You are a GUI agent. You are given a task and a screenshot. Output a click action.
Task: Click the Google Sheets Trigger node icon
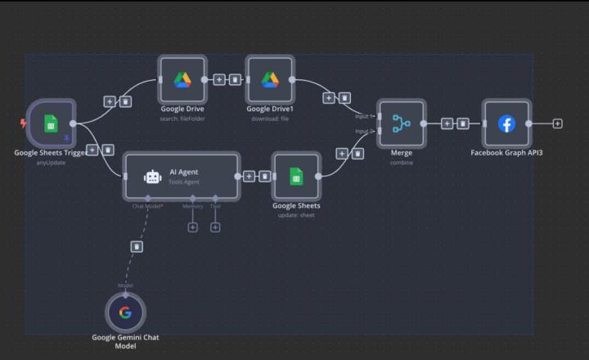click(x=51, y=124)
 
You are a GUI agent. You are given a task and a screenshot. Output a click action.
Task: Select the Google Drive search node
click(x=182, y=79)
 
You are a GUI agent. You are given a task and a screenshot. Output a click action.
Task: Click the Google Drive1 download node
click(x=270, y=79)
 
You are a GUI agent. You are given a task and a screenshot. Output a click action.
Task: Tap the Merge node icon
click(x=401, y=124)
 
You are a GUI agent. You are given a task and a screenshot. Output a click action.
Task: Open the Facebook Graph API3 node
click(x=506, y=124)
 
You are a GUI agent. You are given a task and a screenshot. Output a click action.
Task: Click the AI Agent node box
click(x=182, y=175)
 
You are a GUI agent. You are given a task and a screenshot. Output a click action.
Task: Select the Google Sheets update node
click(x=296, y=175)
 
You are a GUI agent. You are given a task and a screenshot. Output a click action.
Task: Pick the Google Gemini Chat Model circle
click(x=125, y=312)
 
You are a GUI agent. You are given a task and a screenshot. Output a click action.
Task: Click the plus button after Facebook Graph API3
click(x=557, y=124)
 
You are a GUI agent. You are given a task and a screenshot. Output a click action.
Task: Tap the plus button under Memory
click(x=193, y=227)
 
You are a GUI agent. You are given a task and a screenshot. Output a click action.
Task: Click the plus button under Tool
click(x=215, y=227)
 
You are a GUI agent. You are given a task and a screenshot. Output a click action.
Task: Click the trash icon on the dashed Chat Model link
click(x=137, y=245)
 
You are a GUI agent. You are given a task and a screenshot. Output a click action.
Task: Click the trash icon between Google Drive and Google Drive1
click(x=235, y=79)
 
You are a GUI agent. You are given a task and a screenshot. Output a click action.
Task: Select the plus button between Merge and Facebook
click(x=447, y=124)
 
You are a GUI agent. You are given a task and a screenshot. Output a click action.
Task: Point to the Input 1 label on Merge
click(x=362, y=116)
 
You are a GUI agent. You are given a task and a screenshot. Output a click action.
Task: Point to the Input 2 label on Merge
click(x=362, y=131)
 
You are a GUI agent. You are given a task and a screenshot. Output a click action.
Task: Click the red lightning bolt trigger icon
click(x=23, y=124)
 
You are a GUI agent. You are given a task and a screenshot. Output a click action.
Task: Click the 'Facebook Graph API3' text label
click(x=506, y=152)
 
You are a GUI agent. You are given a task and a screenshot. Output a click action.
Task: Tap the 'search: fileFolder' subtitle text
click(x=182, y=119)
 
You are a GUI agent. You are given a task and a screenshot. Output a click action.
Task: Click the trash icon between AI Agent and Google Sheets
click(x=264, y=176)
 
